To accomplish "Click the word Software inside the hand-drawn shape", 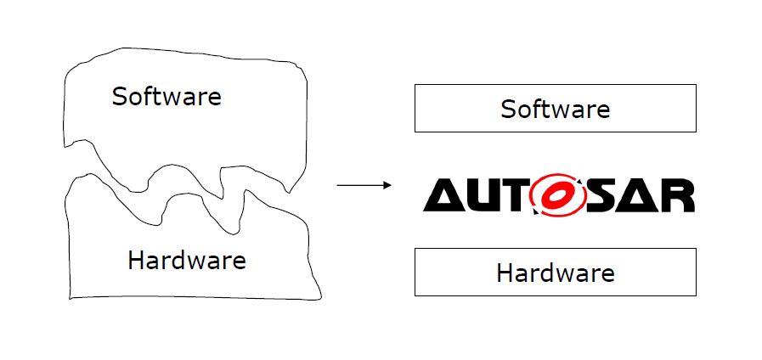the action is point(167,96).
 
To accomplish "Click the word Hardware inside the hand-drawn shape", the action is point(187,260).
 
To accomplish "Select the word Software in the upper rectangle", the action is point(556,109).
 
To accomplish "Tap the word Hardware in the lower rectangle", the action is point(556,273).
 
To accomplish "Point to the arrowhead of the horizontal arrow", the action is point(388,184).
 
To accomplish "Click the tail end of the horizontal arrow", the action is point(338,184).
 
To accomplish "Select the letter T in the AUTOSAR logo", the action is point(514,196).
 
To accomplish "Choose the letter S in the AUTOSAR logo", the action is point(595,196).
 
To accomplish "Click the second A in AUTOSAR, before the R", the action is point(635,196).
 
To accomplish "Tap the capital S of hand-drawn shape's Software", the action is point(120,96).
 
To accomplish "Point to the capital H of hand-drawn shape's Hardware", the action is point(136,260).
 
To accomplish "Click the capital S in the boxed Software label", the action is point(508,109).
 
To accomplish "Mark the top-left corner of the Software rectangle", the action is point(415,85).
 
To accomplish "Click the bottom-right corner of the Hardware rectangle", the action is point(696,295).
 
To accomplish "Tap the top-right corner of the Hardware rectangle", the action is point(696,249).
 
